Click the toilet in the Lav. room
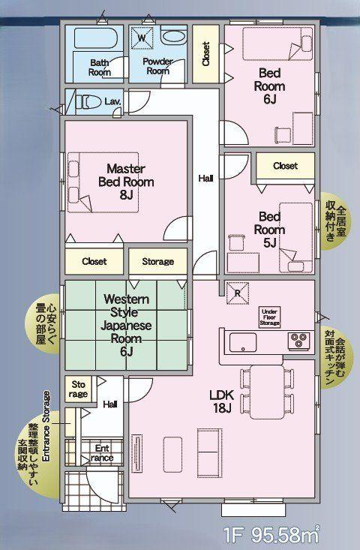click(x=88, y=102)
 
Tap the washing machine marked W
click(x=142, y=38)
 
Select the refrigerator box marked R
click(x=238, y=293)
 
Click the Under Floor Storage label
click(x=269, y=317)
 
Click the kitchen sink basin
click(x=242, y=342)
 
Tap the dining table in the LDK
click(x=267, y=392)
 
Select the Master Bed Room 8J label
click(x=126, y=182)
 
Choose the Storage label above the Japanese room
click(x=157, y=261)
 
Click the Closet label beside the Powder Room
click(x=206, y=54)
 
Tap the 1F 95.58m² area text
click(x=271, y=534)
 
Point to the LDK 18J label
click(x=221, y=401)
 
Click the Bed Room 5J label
click(x=269, y=230)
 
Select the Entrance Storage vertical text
click(x=46, y=426)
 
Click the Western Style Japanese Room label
click(x=126, y=325)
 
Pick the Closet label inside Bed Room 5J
click(x=285, y=166)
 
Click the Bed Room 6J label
click(x=269, y=86)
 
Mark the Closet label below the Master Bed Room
click(x=94, y=261)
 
